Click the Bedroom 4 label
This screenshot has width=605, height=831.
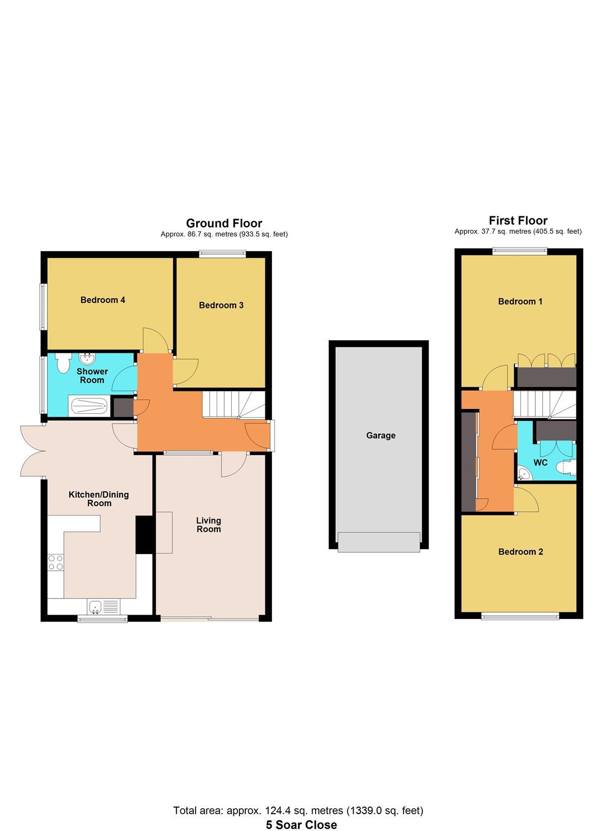coord(103,300)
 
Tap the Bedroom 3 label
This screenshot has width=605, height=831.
coord(221,305)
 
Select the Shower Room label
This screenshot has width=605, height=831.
coord(92,375)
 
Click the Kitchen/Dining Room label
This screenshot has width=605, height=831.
coord(99,498)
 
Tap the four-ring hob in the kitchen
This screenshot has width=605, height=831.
coord(55,563)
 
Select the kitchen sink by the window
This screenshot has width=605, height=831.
coord(96,607)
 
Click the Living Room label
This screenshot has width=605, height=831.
coord(209,525)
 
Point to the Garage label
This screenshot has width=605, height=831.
coord(381,436)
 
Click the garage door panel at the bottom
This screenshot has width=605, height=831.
coord(379,542)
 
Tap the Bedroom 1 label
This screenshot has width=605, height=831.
coord(520,301)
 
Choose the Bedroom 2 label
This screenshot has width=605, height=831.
coord(521,552)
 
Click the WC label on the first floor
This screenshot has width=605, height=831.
coord(540,463)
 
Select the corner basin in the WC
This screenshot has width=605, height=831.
coord(524,474)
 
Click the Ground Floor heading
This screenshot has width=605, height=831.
coord(224,223)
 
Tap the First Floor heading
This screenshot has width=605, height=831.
coord(518,221)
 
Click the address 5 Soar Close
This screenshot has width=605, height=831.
coord(301,825)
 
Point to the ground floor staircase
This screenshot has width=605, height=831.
coord(233,405)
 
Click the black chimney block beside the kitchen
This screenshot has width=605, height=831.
coord(145,535)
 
